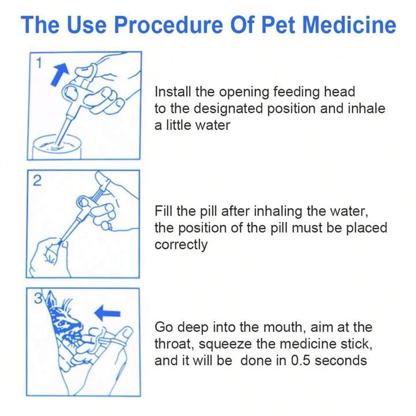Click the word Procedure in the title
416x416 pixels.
pyautogui.click(x=169, y=25)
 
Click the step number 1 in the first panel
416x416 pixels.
pyautogui.click(x=39, y=63)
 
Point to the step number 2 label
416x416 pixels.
pyautogui.click(x=37, y=181)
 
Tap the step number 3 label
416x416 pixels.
pyautogui.click(x=38, y=298)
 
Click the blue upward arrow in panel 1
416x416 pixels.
pyautogui.click(x=60, y=75)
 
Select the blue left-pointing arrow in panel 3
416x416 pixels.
pyautogui.click(x=107, y=313)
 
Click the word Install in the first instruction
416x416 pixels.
pyautogui.click(x=173, y=92)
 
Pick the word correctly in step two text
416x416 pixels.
pyautogui.click(x=181, y=245)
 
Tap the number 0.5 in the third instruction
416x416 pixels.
pyautogui.click(x=300, y=361)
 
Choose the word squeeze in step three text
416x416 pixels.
pyautogui.click(x=225, y=344)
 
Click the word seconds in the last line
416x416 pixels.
pyautogui.click(x=341, y=361)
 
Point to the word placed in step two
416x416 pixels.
pyautogui.click(x=367, y=228)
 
